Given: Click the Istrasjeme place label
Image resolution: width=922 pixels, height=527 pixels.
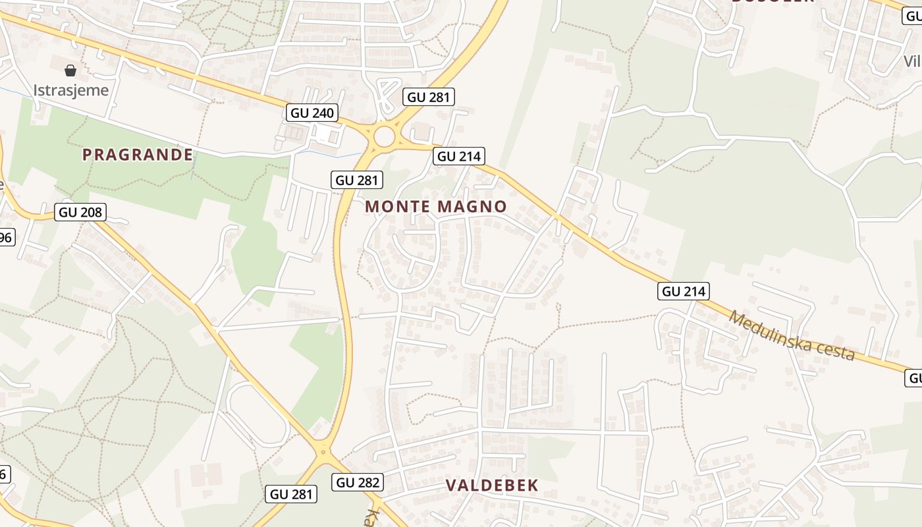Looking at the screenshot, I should [x=70, y=90].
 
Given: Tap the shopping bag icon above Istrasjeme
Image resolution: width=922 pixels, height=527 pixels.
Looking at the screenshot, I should [x=70, y=70].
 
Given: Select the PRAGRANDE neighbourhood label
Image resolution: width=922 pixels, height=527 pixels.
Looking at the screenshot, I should [x=138, y=155].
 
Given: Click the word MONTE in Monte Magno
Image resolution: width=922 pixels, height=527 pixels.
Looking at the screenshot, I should [x=398, y=206].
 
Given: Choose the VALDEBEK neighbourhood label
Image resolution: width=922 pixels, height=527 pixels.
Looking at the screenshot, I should [x=492, y=485].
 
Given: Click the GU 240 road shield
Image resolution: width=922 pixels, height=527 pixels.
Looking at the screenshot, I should [x=312, y=113].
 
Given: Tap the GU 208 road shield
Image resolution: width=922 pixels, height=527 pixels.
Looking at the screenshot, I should [x=80, y=212].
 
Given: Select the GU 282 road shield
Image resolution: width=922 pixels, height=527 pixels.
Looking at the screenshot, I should [x=358, y=482].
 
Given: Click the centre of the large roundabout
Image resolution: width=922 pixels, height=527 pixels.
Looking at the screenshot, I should [x=383, y=138].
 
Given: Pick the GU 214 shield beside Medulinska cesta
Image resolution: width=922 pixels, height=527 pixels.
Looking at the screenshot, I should [x=684, y=291].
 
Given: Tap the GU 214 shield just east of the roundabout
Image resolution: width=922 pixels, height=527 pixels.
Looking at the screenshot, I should [x=459, y=156].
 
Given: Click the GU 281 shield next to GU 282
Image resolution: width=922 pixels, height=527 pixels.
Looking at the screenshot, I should [x=291, y=493].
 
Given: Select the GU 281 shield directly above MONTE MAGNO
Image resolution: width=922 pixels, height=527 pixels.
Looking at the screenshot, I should [x=356, y=180].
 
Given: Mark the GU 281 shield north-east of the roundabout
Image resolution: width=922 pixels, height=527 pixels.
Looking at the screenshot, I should [x=429, y=97].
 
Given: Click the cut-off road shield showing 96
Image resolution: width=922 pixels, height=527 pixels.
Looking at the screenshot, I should [x=5, y=237].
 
